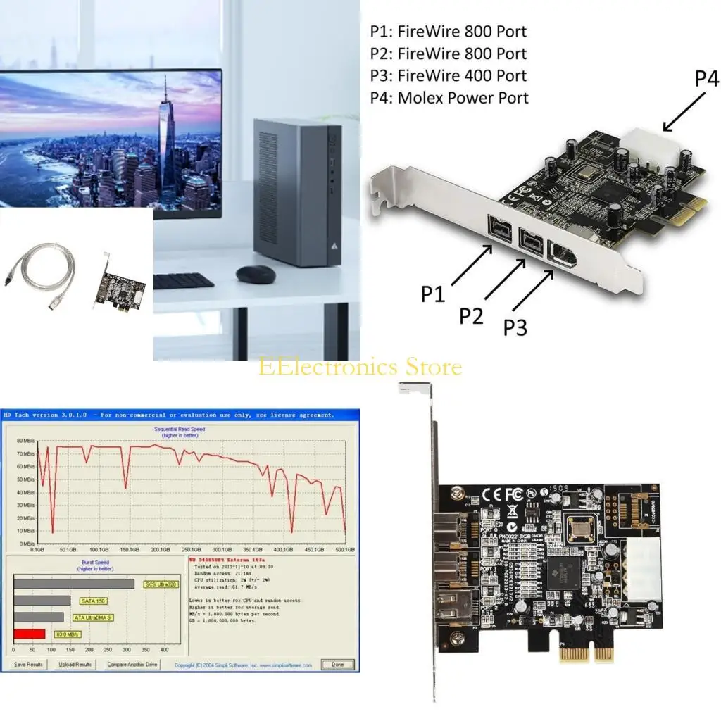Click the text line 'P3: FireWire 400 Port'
(448, 76)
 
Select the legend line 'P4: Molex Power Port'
(449, 98)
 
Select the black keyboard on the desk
(184, 281)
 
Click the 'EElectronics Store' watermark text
(360, 367)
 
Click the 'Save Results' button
(29, 665)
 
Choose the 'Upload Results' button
(75, 665)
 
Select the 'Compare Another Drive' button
(132, 665)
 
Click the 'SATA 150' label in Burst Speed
(89, 601)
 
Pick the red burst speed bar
(29, 634)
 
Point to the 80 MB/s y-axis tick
(25, 441)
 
